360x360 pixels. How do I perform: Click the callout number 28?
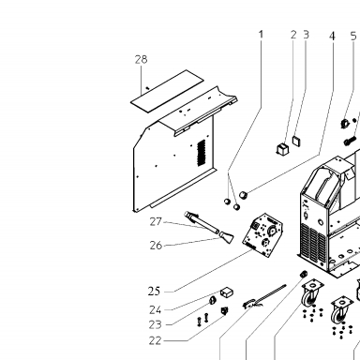tap(141, 59)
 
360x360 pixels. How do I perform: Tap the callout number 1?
tap(262, 35)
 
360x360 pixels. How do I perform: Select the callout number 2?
tap(293, 35)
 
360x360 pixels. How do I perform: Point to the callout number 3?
tap(306, 35)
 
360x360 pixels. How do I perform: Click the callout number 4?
tap(332, 37)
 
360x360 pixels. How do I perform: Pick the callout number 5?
tap(353, 37)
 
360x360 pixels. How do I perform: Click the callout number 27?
tap(156, 221)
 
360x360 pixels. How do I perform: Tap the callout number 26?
tap(156, 246)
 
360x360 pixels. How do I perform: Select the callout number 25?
tap(154, 292)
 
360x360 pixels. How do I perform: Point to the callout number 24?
tap(156, 310)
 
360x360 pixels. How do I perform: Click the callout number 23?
tap(155, 324)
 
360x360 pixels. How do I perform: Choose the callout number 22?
tap(155, 340)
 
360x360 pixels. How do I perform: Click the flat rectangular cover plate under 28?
tap(167, 91)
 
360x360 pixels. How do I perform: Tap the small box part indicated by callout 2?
tap(282, 148)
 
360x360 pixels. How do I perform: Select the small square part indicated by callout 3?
tap(296, 141)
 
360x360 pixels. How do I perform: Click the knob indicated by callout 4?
tap(244, 195)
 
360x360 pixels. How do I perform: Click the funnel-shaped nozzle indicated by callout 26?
tap(226, 237)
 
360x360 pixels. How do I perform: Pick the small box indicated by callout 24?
tap(227, 292)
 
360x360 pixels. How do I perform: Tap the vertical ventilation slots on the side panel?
tap(202, 153)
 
